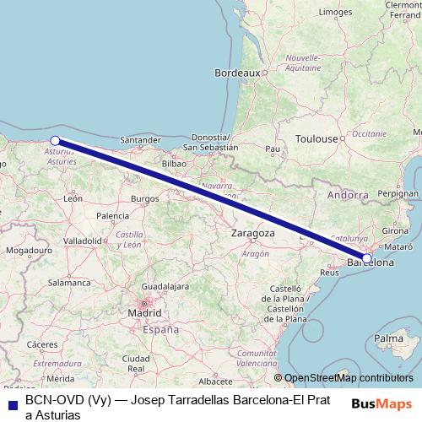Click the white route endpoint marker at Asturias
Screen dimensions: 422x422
pyautogui.click(x=55, y=141)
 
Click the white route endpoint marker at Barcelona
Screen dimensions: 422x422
pyautogui.click(x=367, y=257)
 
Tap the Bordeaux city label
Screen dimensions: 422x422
pyautogui.click(x=237, y=73)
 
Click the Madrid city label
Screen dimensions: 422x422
pyautogui.click(x=144, y=313)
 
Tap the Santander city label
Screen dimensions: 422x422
pyautogui.click(x=141, y=140)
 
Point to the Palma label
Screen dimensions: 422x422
pyautogui.click(x=388, y=338)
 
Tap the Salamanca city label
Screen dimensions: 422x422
pyautogui.click(x=69, y=283)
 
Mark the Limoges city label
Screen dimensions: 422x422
pyautogui.click(x=336, y=13)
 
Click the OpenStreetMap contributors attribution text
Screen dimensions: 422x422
pyautogui.click(x=349, y=378)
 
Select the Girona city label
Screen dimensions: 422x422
pyautogui.click(x=395, y=230)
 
